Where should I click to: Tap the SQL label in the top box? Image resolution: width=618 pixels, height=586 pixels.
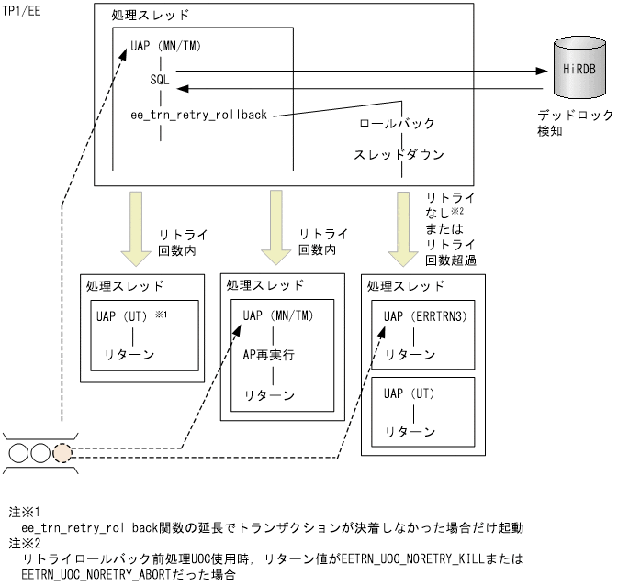coord(160,80)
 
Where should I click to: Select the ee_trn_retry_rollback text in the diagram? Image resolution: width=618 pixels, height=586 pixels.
coord(198,115)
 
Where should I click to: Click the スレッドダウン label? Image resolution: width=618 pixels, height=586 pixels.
coord(399,155)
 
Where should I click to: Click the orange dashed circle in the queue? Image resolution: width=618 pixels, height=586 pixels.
coord(62,452)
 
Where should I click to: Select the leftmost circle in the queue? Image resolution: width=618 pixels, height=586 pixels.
coord(19,452)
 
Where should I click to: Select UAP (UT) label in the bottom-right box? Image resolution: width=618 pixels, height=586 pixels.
coord(410,394)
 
